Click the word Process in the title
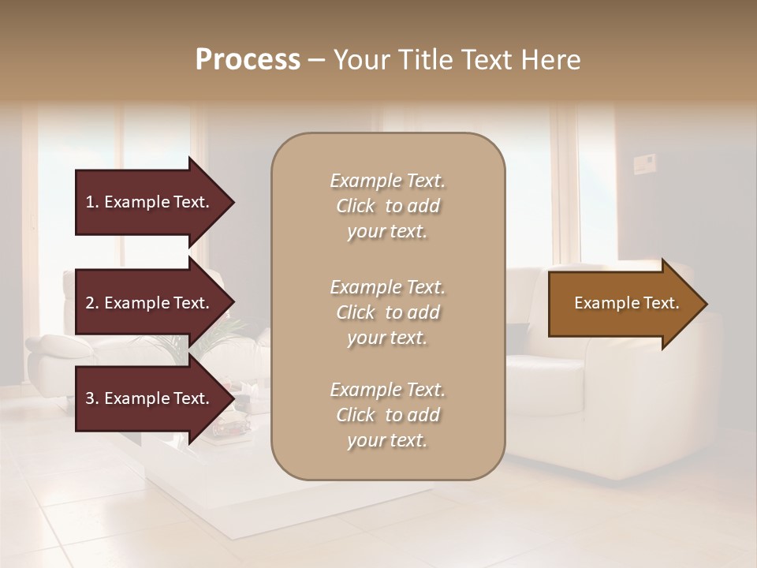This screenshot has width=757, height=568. click(x=248, y=60)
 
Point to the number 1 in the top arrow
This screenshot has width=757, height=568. click(x=90, y=202)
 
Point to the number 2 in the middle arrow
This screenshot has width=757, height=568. click(x=90, y=303)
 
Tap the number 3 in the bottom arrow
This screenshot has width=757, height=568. click(x=90, y=398)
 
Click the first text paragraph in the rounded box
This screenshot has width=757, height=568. click(x=387, y=206)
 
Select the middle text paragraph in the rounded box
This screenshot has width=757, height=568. click(x=387, y=312)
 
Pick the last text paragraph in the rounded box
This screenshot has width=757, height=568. click(x=387, y=415)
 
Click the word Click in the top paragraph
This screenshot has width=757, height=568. click(x=355, y=206)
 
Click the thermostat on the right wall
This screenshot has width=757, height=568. click(x=643, y=165)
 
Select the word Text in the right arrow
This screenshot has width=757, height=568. click(x=662, y=303)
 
